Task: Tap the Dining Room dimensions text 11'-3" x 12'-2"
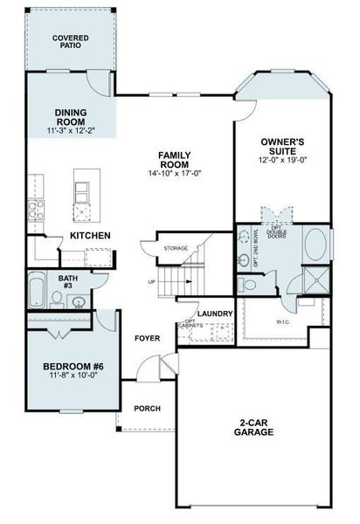tap(71, 130)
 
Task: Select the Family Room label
tap(175, 160)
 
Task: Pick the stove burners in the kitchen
tap(37, 209)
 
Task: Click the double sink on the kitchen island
tap(82, 190)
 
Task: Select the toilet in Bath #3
tap(57, 300)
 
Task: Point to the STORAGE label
tap(176, 249)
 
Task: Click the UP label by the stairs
tap(152, 281)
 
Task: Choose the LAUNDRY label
tap(215, 313)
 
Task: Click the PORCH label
tap(146, 408)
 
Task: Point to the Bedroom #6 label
tap(73, 367)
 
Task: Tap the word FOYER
tap(146, 338)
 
